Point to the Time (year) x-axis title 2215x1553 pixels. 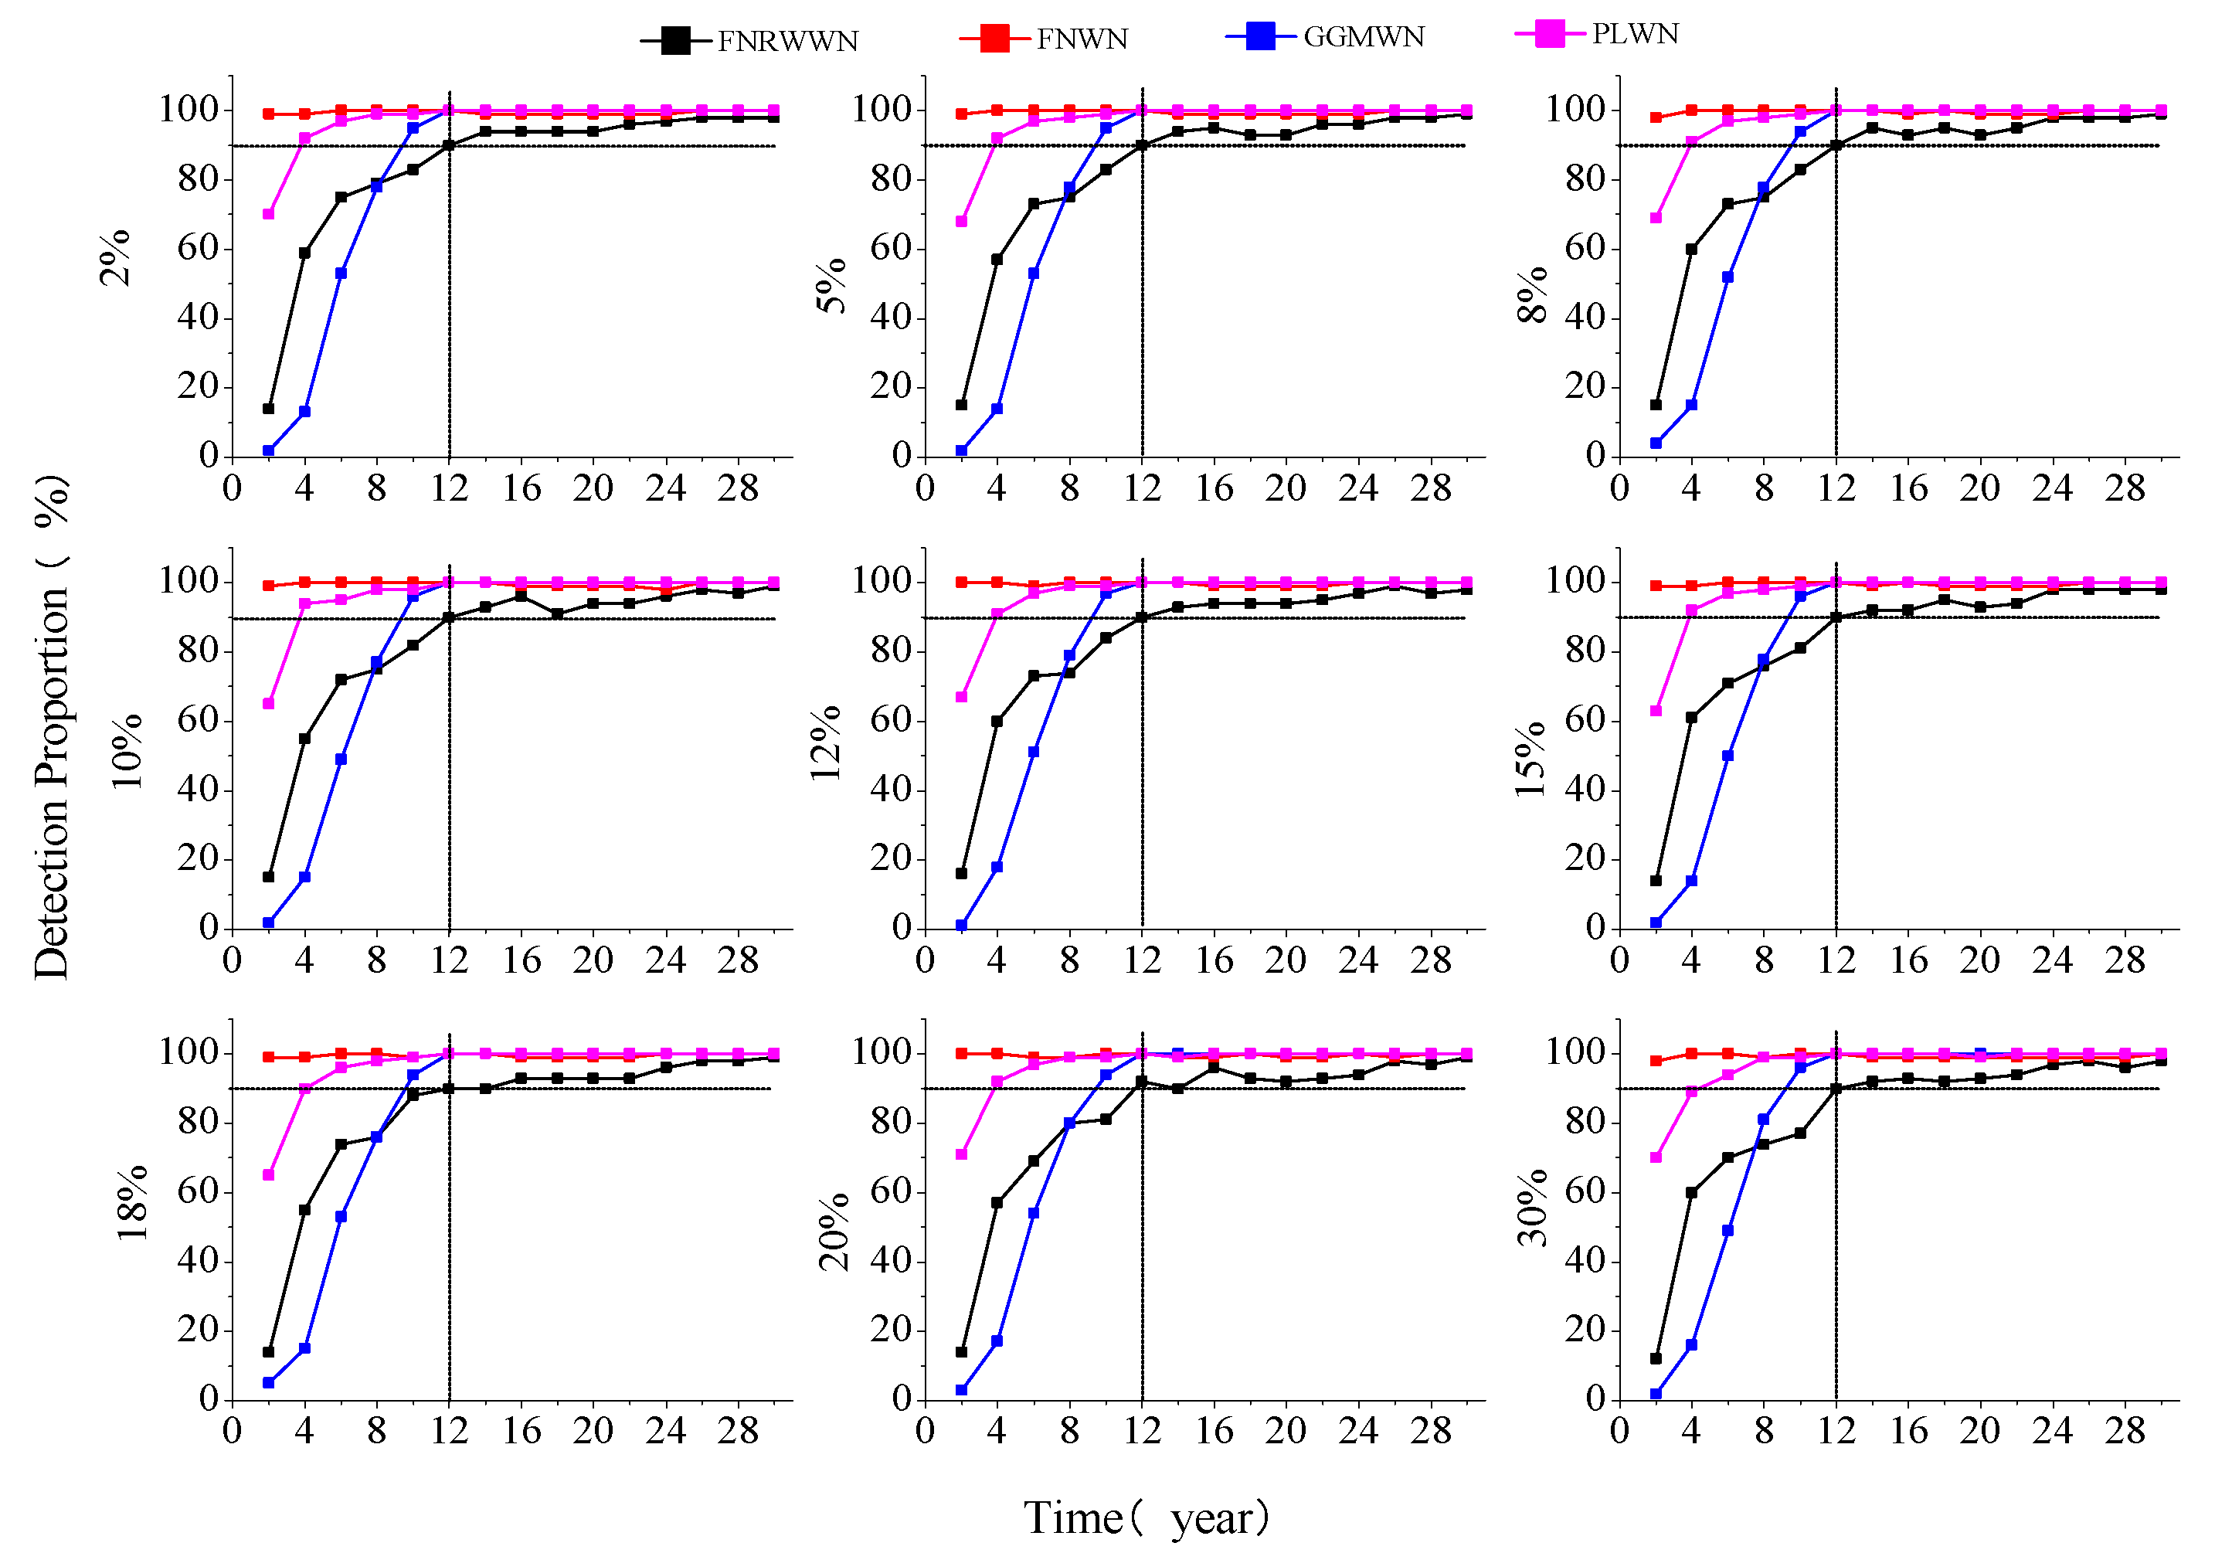(1146, 1518)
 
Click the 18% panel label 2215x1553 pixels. (132, 1202)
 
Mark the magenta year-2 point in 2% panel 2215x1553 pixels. (268, 214)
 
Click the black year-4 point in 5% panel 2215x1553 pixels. (997, 260)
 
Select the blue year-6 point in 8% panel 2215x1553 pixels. (1727, 277)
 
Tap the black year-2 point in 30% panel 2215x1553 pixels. (1656, 1358)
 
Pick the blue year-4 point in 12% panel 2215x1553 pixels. (997, 867)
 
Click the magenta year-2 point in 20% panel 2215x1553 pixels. (961, 1154)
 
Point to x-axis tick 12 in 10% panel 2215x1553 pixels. (449, 960)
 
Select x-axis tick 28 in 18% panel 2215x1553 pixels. (737, 1430)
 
